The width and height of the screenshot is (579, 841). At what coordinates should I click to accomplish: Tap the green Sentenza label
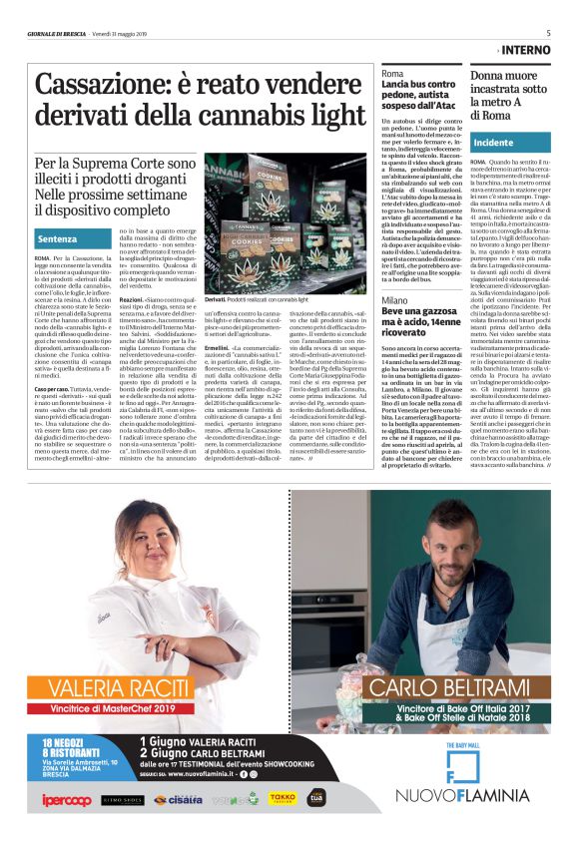click(x=57, y=239)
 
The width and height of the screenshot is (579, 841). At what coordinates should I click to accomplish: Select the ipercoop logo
click(x=66, y=799)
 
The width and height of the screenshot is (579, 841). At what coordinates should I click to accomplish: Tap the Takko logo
click(x=283, y=799)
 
